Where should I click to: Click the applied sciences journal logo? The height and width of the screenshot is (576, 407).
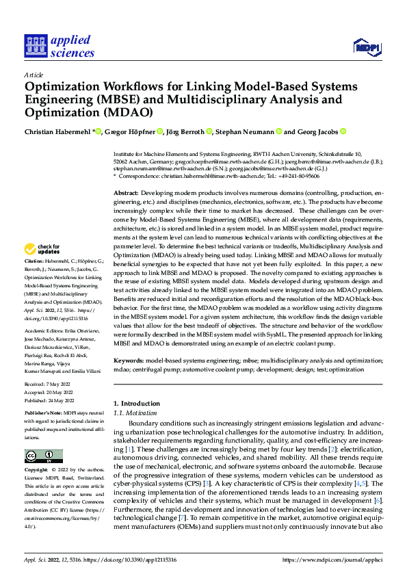pyautogui.click(x=59, y=46)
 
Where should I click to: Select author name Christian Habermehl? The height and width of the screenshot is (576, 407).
pyautogui.click(x=55, y=131)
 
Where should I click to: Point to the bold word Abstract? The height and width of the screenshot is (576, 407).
pyautogui.click(x=127, y=194)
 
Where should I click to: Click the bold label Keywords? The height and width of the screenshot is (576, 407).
pyautogui.click(x=129, y=359)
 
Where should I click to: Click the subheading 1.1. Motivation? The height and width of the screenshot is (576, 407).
pyautogui.click(x=134, y=413)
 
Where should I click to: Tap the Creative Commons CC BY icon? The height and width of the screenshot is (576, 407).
pyautogui.click(x=44, y=456)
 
